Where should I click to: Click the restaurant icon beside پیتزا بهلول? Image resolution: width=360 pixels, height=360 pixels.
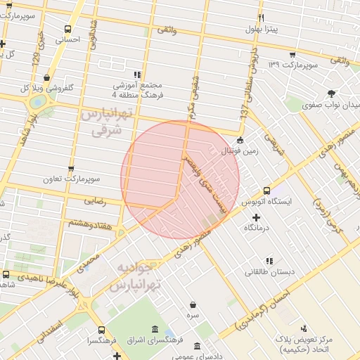tap(261, 17)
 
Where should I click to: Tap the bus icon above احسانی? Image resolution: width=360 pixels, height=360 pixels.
tap(67, 30)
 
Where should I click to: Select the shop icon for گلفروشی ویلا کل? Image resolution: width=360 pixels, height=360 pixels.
tap(46, 78)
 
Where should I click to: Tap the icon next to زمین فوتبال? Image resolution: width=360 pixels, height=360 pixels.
tap(240, 139)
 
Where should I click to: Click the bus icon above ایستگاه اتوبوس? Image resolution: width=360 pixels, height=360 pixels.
tap(267, 191)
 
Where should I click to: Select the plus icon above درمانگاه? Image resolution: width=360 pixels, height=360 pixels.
tap(256, 217)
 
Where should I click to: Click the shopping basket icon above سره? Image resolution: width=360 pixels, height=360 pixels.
tap(193, 305)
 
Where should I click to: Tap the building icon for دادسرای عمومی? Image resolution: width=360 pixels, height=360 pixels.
tap(195, 347)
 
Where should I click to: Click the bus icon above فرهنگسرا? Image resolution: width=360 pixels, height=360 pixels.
tap(102, 329)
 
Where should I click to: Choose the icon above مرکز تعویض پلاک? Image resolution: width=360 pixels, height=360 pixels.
tap(304, 328)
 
